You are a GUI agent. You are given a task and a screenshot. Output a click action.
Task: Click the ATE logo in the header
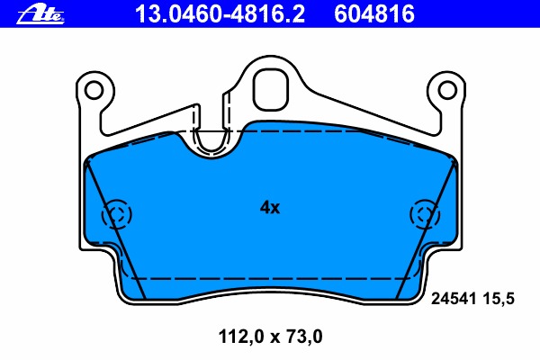[x=40, y=15]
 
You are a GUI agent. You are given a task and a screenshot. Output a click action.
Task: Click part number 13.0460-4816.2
[x=220, y=14]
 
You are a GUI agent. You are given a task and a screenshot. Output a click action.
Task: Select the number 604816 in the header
[x=374, y=14]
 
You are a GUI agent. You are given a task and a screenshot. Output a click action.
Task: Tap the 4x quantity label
[x=270, y=207]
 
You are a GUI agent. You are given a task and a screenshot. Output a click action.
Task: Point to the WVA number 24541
[x=454, y=298]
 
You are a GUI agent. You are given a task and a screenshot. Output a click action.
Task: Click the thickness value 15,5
[x=499, y=299]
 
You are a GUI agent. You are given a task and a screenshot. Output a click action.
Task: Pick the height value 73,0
[x=301, y=337]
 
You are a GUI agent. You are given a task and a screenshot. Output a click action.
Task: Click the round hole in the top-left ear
[x=94, y=90]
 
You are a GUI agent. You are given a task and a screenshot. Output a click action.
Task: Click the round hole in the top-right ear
[x=447, y=90]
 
